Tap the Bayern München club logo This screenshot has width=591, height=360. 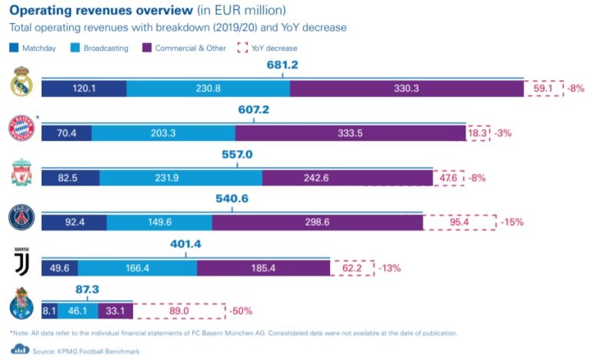[21, 128]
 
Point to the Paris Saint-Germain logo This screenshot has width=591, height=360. [22, 218]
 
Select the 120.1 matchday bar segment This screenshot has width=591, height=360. [83, 88]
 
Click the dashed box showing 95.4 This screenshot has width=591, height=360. [459, 222]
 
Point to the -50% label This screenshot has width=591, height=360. [239, 312]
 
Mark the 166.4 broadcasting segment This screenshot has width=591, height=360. [137, 267]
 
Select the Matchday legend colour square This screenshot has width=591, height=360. [14, 48]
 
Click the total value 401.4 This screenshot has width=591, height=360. [185, 244]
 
